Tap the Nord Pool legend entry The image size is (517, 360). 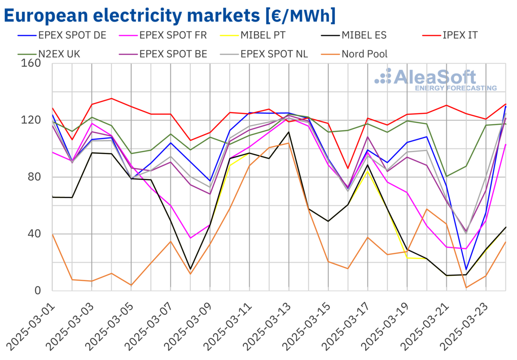click(x=364, y=54)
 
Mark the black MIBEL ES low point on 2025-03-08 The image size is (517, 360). click(x=190, y=270)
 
